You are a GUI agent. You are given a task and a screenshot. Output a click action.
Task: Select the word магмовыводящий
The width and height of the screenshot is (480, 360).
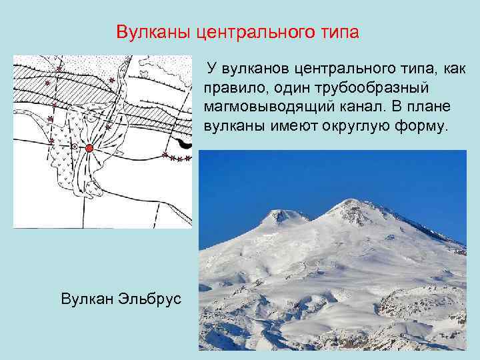tap(263, 107)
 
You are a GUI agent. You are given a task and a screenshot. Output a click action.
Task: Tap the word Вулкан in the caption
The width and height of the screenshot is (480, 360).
tap(84, 298)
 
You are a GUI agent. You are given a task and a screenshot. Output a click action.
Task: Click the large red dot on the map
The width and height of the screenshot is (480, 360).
tap(89, 147)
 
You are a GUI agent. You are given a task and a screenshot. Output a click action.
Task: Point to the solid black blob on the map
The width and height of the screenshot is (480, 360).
tap(184, 143)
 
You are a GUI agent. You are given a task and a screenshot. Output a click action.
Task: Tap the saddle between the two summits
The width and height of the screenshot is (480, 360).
tap(308, 219)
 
